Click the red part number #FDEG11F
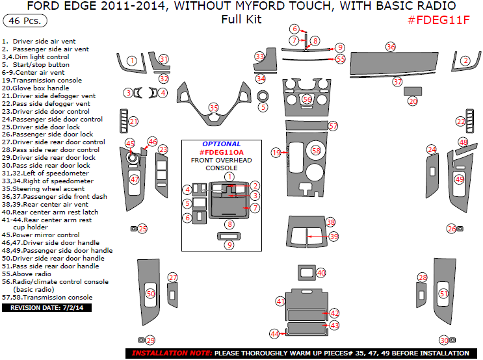[438, 20]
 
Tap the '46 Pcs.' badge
[25, 21]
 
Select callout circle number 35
[214, 107]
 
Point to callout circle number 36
[390, 47]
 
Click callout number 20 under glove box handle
[413, 101]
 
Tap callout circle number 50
[150, 294]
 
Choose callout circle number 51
[444, 294]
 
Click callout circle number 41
[281, 302]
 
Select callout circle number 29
[150, 341]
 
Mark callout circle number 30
[444, 340]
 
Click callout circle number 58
[317, 150]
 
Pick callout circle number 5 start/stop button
[263, 107]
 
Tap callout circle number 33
[259, 57]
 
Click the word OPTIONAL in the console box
[221, 144]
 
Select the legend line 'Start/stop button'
[40, 65]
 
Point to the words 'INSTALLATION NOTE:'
[172, 354]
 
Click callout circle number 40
[321, 273]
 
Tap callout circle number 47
[135, 179]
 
